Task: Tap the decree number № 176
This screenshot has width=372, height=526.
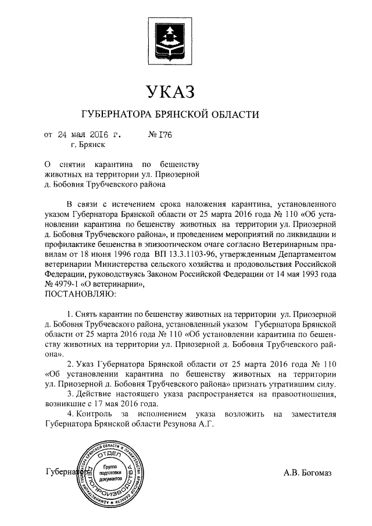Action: (x=161, y=134)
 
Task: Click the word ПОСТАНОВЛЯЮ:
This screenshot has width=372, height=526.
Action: (x=80, y=293)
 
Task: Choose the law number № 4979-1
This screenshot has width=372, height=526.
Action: (x=66, y=284)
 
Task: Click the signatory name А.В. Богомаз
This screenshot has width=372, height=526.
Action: (x=307, y=473)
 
